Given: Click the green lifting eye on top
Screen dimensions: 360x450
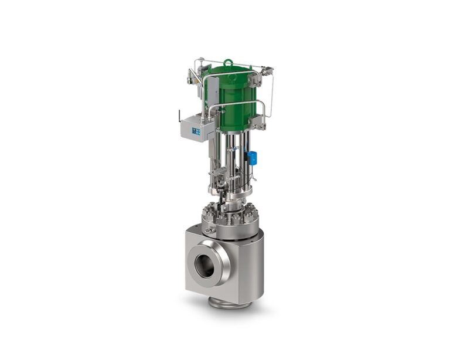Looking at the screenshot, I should tap(229, 62).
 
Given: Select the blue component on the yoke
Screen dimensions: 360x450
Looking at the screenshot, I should tap(252, 157).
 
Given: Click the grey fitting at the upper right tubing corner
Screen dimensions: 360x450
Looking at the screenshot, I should tap(268, 72).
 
